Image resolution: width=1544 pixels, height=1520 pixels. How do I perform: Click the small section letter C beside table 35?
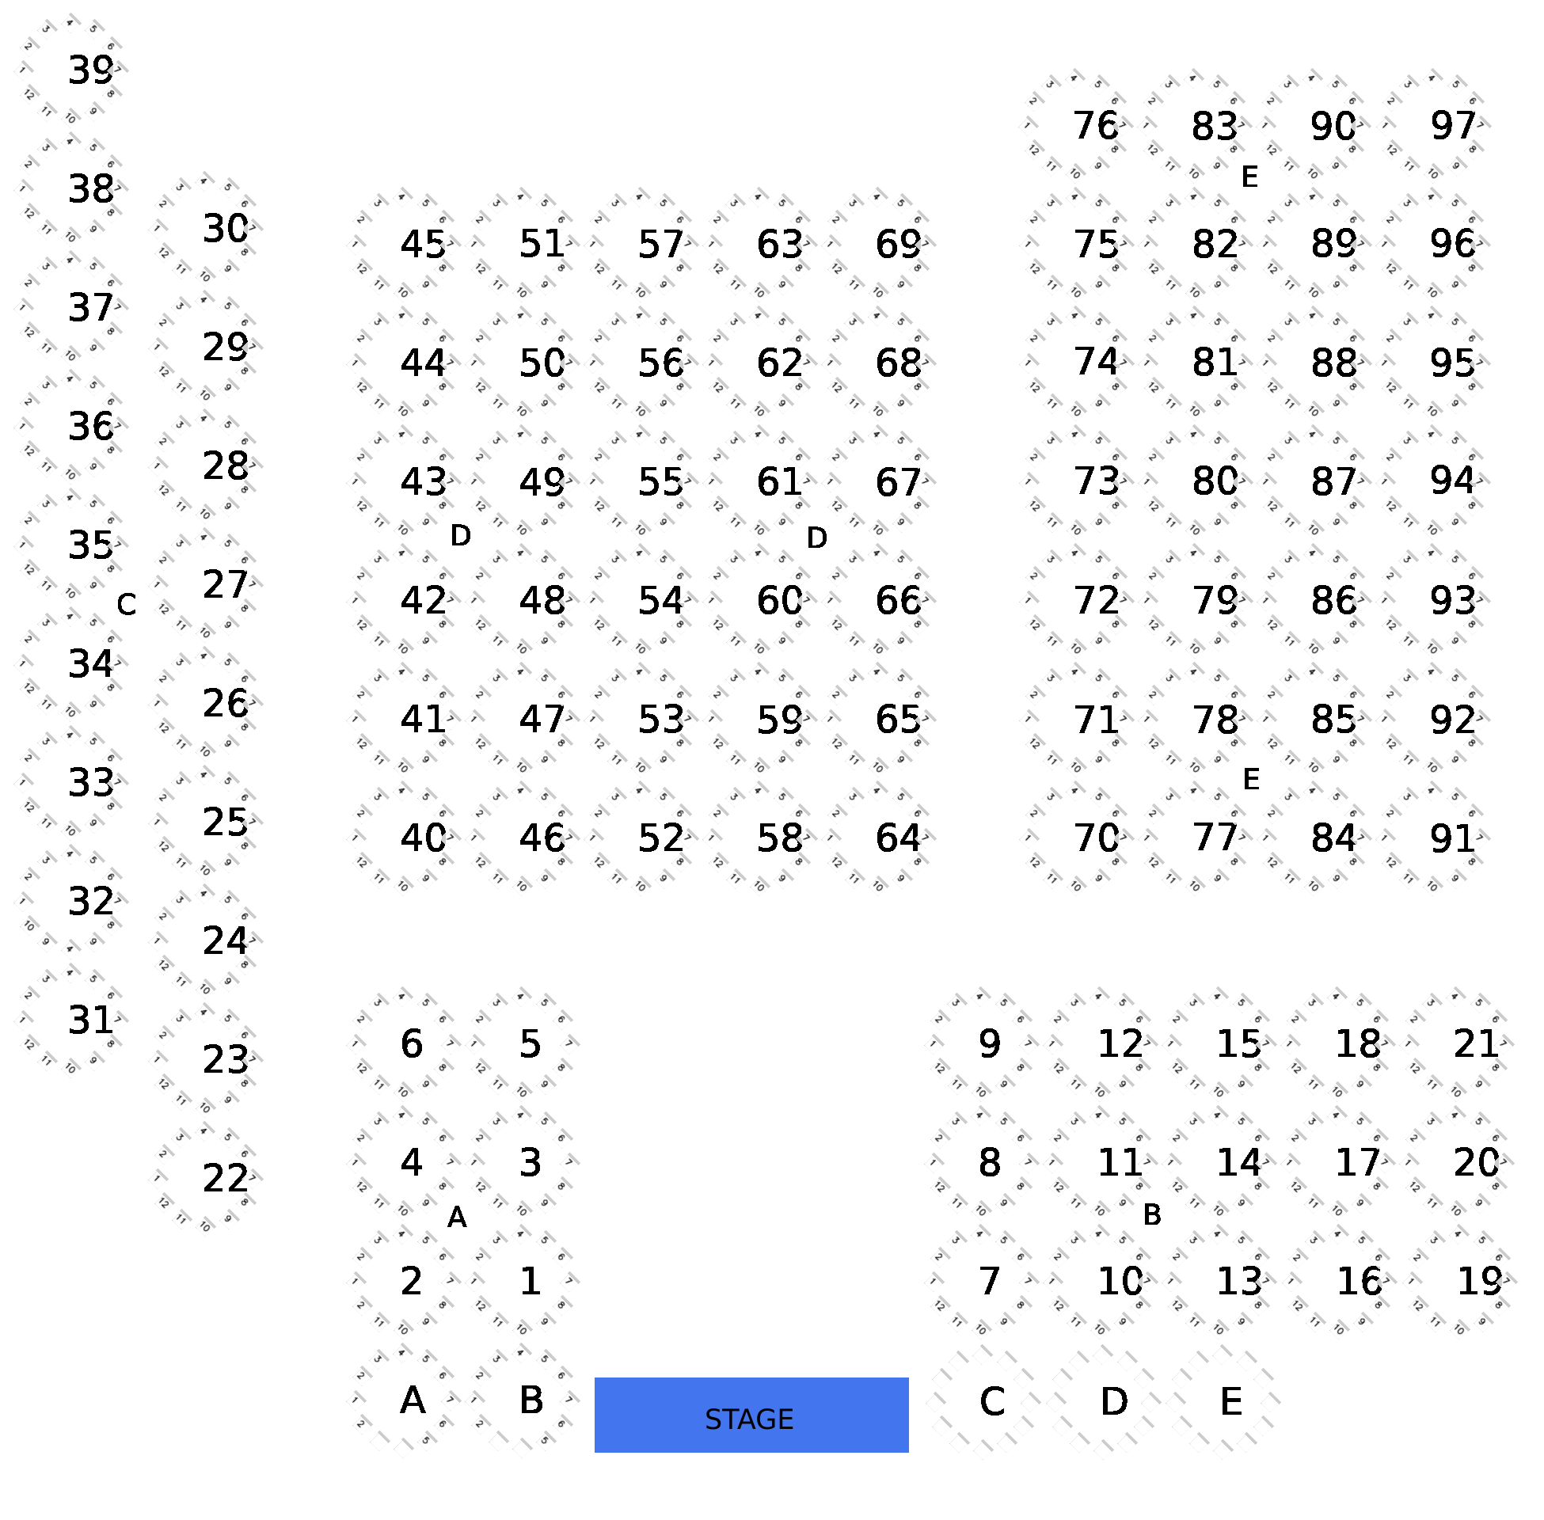pyautogui.click(x=126, y=604)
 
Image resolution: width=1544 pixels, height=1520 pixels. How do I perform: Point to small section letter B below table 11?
pyautogui.click(x=1151, y=1214)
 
